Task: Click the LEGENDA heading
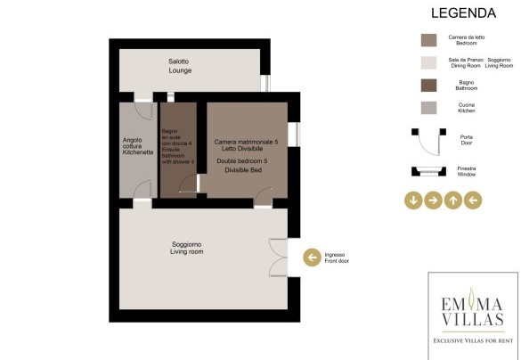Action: point(463,13)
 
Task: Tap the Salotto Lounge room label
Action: point(180,66)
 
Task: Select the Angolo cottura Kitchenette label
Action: point(138,146)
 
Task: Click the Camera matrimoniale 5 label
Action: point(246,142)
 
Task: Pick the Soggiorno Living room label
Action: point(187,248)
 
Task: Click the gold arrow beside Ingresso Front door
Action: point(312,258)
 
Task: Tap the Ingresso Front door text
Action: point(337,258)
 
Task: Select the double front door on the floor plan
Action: point(278,258)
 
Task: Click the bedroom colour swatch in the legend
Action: point(428,40)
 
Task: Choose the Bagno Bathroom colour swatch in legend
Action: point(428,86)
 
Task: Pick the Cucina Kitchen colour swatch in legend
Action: point(428,108)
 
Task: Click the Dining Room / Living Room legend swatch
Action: point(428,63)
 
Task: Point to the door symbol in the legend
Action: point(428,142)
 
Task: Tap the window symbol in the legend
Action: point(428,171)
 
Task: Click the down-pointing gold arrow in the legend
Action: point(413,200)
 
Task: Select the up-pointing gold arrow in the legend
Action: point(453,200)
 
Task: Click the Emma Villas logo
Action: point(473,315)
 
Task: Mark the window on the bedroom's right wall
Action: point(294,135)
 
